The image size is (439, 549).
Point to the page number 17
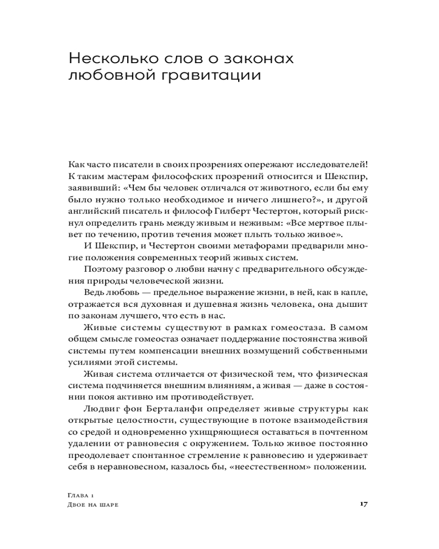pos(363,503)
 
